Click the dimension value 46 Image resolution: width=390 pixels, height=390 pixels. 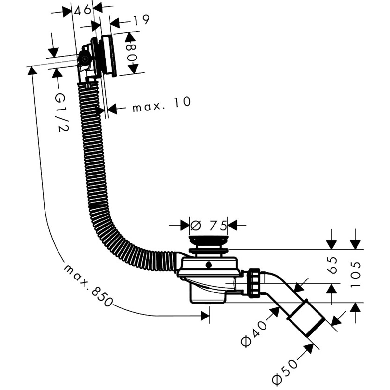82,10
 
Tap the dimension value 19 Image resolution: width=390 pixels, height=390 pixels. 141,20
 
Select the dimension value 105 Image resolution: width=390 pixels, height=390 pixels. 356,274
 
